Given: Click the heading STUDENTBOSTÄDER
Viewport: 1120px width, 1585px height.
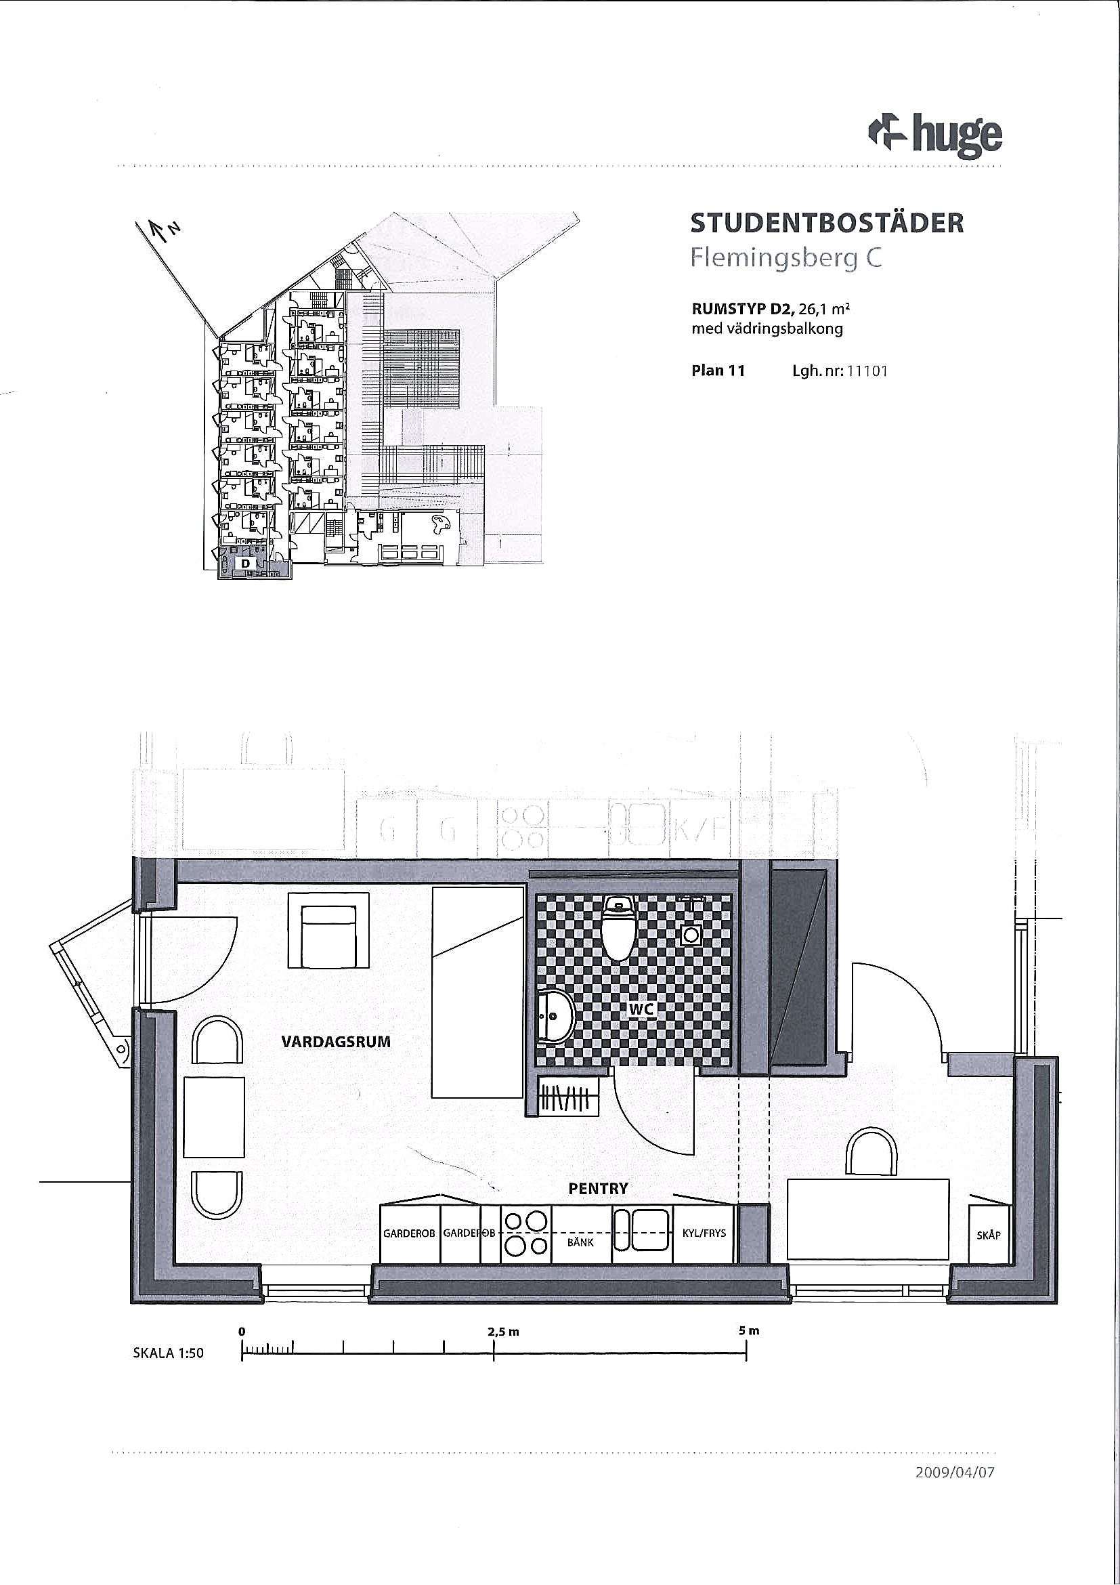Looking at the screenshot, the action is pyautogui.click(x=827, y=224).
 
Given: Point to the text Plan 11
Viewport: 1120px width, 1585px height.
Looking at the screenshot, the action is pyautogui.click(x=718, y=371).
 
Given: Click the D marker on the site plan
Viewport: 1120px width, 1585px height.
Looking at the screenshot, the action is pyautogui.click(x=245, y=564).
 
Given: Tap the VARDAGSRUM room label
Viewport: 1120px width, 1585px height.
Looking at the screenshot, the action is pyautogui.click(x=336, y=1042).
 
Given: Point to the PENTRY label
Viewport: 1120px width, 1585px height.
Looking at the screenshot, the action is pyautogui.click(x=599, y=1189).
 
